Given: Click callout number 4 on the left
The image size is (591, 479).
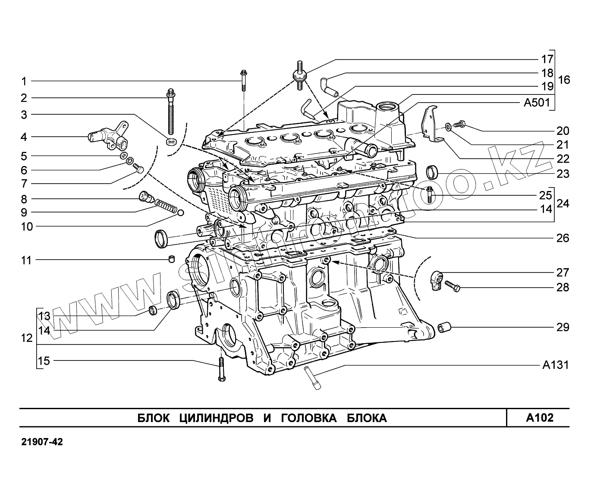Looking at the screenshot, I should coord(24,137).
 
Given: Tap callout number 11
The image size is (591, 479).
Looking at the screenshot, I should coord(27,260).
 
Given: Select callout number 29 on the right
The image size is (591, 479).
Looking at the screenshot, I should coord(563,327).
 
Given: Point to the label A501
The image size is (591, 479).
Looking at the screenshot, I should coord(536,103).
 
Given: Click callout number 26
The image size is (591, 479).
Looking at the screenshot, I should coord(563,238).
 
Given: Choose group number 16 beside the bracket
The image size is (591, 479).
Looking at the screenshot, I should coord(564,80).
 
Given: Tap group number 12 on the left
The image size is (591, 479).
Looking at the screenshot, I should coord(27,338).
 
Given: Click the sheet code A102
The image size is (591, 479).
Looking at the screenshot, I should coord(539,418).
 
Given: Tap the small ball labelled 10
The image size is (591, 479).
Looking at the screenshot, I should coord(181,212).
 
